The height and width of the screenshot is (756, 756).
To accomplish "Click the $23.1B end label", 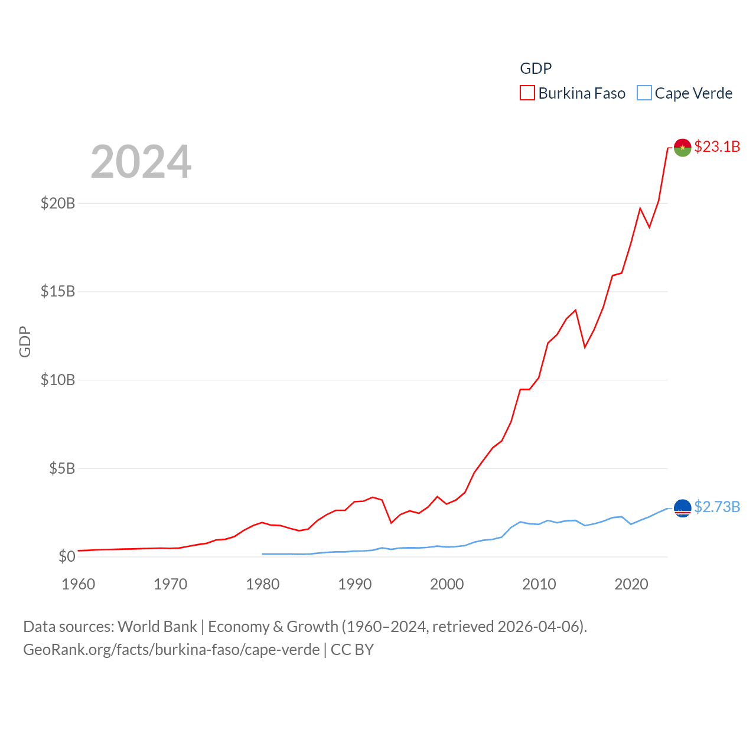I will coord(717,146).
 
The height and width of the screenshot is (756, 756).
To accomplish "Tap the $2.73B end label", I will coord(717,507).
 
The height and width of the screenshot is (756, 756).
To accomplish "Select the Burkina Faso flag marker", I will coord(682,148).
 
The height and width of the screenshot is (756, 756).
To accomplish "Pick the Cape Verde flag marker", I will coord(682,508).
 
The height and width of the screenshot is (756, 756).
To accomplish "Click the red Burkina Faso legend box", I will coord(527,93).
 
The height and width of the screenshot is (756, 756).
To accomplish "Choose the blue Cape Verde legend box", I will coord(644,93).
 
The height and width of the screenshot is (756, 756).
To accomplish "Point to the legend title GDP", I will coord(536,69).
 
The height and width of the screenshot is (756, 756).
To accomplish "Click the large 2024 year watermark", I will coord(141,162).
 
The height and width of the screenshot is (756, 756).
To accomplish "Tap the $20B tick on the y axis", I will coord(58,203).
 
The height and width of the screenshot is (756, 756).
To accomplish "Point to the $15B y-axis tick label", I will coord(58,291).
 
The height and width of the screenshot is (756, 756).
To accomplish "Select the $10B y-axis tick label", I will coord(58,380).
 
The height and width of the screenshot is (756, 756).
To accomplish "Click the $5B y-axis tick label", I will coord(62,468).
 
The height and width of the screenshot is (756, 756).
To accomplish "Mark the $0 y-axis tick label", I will coord(67,556).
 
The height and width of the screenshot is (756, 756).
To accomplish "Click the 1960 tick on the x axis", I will coord(79,584).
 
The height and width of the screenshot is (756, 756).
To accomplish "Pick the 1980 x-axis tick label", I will coord(263,584).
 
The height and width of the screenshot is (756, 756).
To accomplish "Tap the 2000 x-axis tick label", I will coord(447,584).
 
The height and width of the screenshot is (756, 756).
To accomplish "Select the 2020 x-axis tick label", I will coord(631,584).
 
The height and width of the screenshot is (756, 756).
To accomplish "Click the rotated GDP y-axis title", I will coord(25,341).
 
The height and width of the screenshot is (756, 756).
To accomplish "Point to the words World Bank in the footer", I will coord(157,627).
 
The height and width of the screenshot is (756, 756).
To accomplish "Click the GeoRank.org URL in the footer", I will coord(171,650).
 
